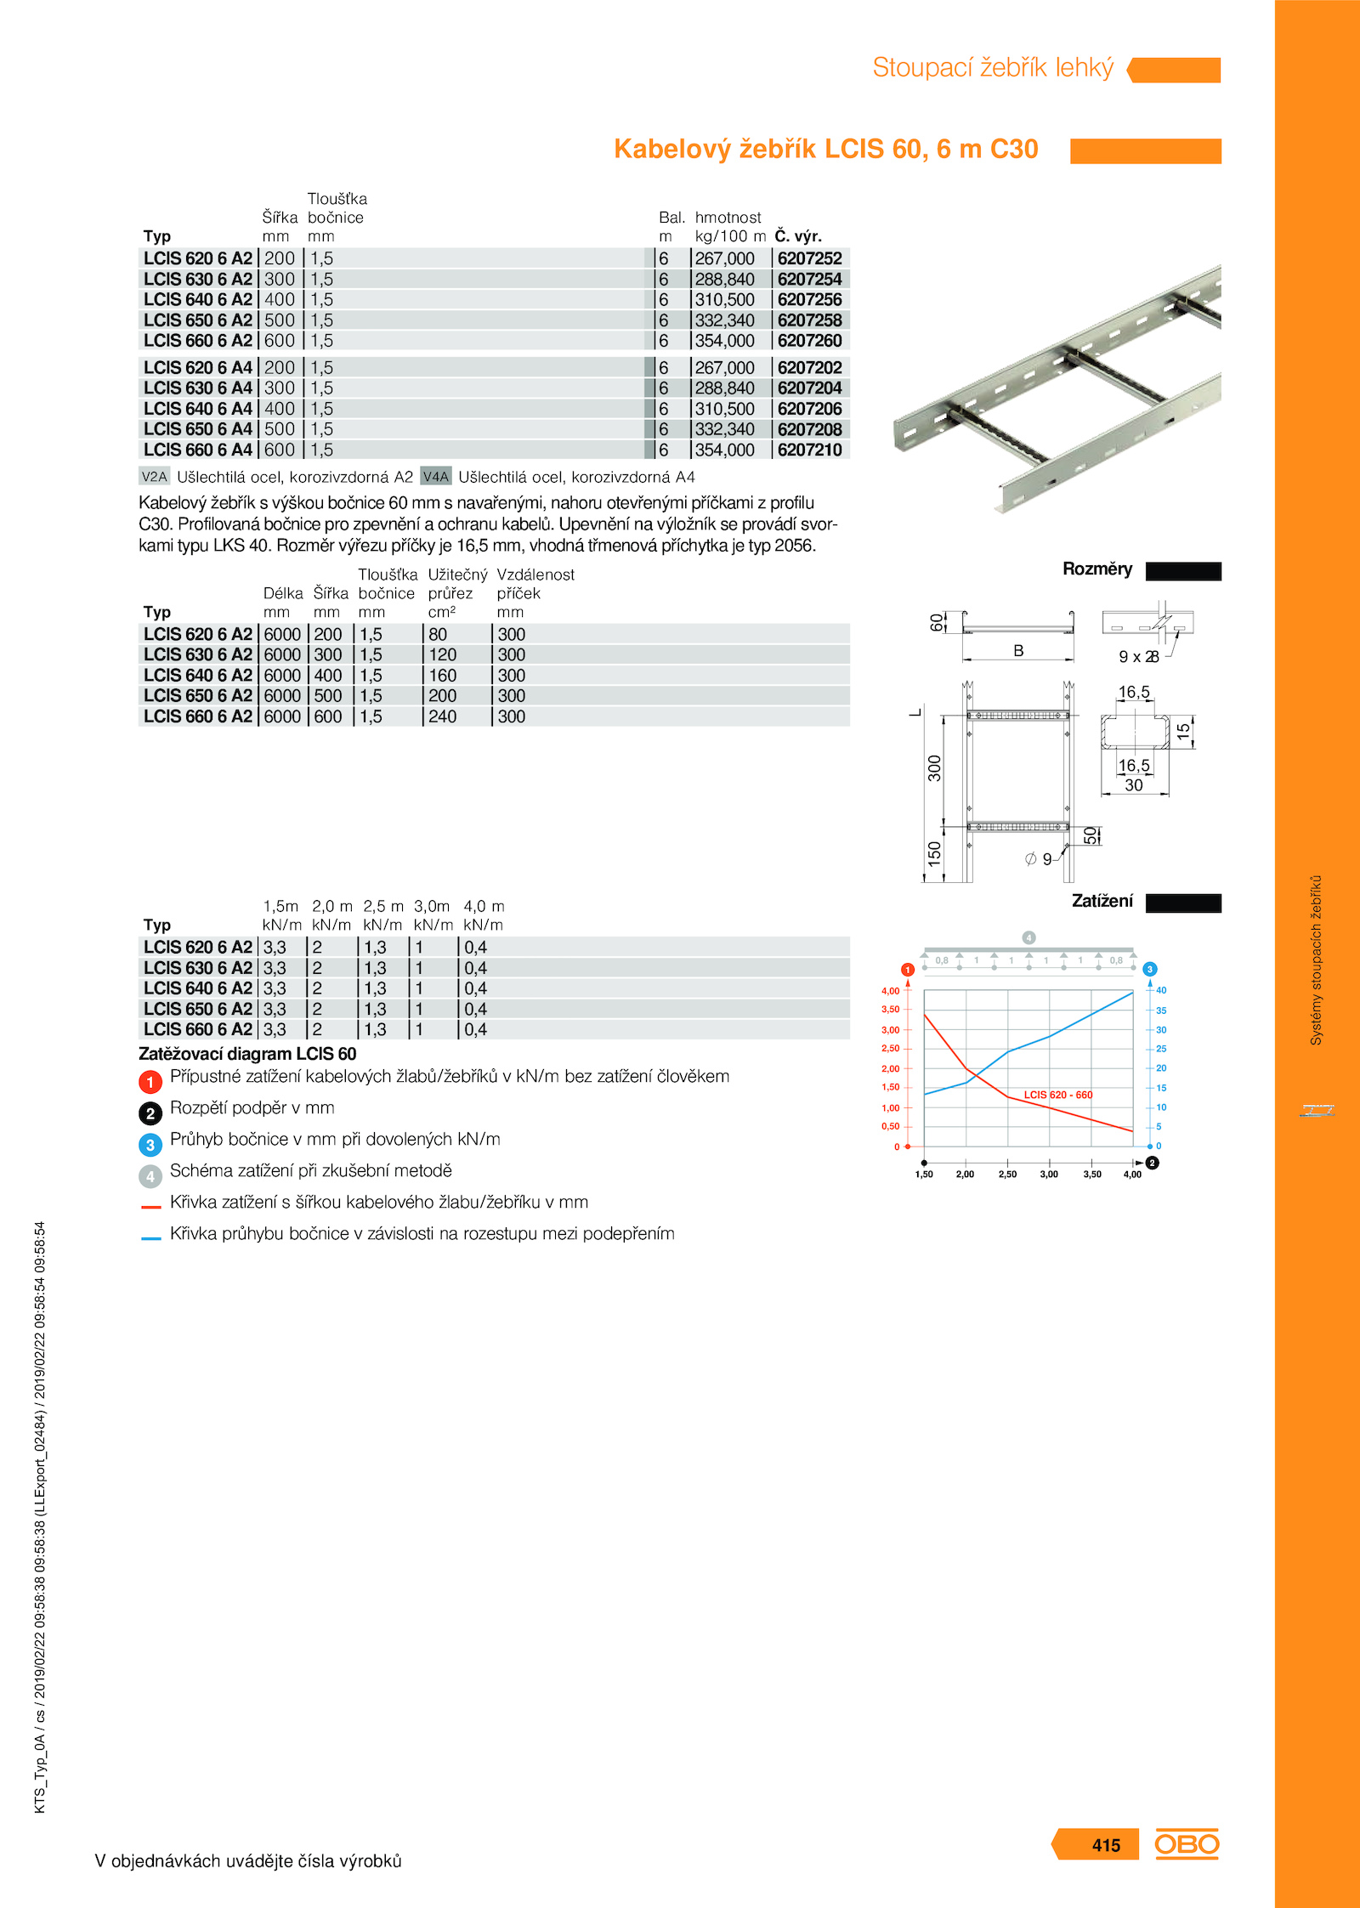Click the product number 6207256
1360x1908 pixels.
pos(809,300)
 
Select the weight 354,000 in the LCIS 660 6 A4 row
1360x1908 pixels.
pos(724,450)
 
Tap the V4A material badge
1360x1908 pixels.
pos(435,477)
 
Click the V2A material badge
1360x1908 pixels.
pos(154,477)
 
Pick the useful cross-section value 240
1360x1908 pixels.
pos(442,717)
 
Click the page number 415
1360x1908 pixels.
pos(1106,1845)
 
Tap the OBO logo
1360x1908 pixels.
pos(1187,1844)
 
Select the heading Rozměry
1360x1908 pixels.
pos(1096,569)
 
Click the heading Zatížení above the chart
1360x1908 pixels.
pos(1102,901)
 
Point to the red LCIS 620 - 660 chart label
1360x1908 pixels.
pos(1057,1095)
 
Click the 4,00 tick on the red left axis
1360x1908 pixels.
pos(890,991)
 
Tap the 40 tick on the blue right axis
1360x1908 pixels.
pos(1161,990)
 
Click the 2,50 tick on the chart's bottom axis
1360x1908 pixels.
pos(1007,1175)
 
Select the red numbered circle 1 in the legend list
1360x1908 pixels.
pos(150,1082)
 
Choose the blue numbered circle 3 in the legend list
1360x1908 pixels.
pos(150,1145)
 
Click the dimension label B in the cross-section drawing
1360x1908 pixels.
pos(1018,651)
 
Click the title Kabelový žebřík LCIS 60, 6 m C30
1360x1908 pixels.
pos(825,150)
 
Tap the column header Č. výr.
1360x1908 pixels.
pos(798,236)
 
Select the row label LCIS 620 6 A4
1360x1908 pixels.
pos(198,368)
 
